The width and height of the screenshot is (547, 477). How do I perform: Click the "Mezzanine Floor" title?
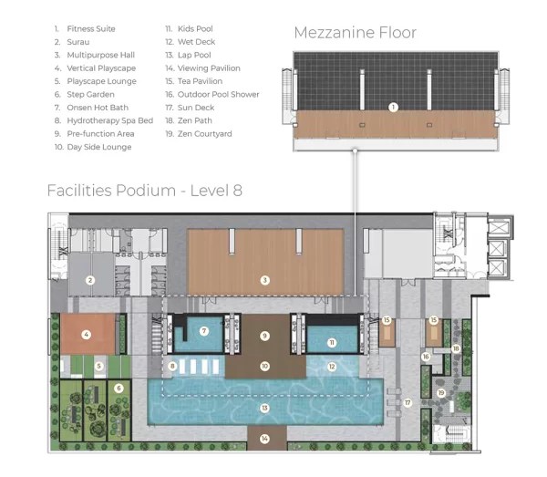click(356, 33)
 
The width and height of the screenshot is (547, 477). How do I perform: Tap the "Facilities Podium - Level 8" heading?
click(145, 191)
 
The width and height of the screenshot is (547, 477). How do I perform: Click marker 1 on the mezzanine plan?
click(393, 107)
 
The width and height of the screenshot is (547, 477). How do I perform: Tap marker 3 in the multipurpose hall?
click(264, 280)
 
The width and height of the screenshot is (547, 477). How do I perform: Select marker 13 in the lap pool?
click(264, 408)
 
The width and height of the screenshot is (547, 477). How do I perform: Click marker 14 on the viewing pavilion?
click(264, 439)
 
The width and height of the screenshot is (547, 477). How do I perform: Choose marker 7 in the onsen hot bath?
click(204, 331)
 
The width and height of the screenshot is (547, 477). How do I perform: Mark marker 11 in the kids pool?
click(332, 343)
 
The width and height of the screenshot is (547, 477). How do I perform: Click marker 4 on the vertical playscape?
click(87, 335)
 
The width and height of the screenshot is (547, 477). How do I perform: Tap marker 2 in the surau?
click(90, 280)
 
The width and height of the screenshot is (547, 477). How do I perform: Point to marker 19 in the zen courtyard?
click(441, 393)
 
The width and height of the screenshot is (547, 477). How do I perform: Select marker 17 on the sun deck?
click(408, 403)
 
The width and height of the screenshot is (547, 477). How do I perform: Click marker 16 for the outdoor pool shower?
click(426, 357)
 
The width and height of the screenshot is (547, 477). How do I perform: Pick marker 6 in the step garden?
click(119, 388)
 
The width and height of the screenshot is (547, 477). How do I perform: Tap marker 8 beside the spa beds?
click(172, 366)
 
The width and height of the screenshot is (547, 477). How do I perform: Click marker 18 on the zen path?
click(456, 348)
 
